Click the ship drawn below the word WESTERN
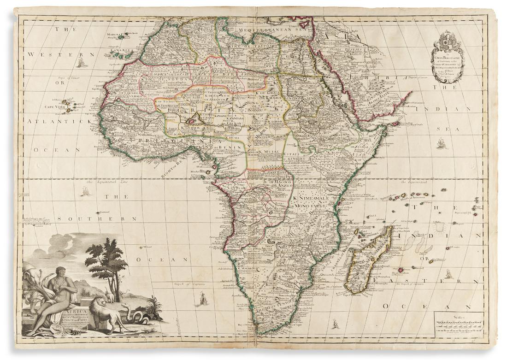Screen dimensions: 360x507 82,61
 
